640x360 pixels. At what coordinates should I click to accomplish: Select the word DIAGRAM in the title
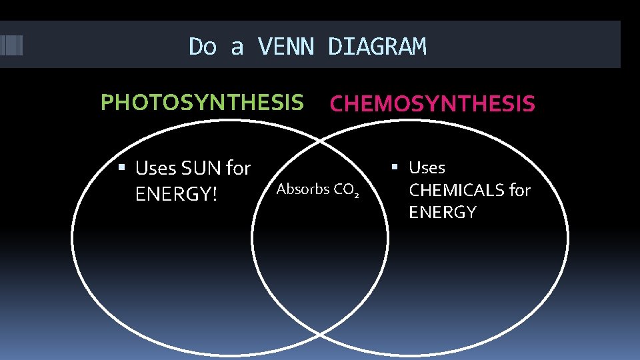(377, 47)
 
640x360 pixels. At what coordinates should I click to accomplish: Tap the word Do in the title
(203, 47)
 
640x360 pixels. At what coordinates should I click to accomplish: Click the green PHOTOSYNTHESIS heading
(201, 103)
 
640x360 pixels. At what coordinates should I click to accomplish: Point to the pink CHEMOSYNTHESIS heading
(432, 104)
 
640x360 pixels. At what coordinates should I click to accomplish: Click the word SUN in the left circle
(202, 169)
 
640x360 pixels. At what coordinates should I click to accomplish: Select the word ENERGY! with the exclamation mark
(177, 195)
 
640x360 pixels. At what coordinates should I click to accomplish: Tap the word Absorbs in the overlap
(303, 189)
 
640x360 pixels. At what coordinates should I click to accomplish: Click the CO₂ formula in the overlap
(347, 190)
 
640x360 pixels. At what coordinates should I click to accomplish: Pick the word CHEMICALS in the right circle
(457, 190)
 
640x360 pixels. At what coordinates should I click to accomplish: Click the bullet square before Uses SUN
(121, 167)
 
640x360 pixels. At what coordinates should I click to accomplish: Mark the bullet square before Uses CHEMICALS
(394, 166)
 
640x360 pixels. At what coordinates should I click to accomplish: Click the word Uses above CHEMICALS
(427, 167)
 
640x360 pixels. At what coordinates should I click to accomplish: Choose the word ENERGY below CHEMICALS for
(443, 213)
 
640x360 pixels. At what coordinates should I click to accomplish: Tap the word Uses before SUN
(155, 169)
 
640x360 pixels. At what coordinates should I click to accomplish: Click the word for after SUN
(238, 169)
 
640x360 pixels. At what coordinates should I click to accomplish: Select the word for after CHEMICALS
(520, 190)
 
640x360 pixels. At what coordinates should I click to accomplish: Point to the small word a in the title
(237, 48)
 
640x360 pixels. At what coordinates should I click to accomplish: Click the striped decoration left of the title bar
(11, 45)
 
